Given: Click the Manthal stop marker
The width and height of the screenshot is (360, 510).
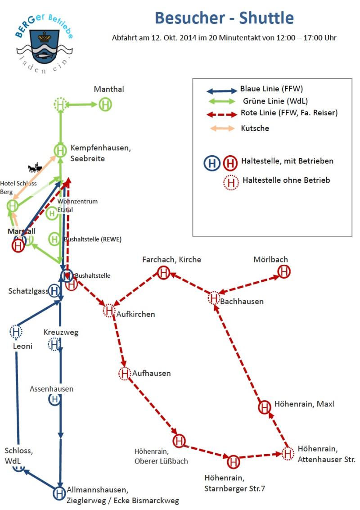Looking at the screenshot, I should pos(105,104).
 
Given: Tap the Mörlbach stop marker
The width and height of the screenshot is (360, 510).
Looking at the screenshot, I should pos(284,272).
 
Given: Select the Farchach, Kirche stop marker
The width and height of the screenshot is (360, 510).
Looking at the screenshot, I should pos(163,272).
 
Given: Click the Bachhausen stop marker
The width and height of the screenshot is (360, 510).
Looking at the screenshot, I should pos(214,298).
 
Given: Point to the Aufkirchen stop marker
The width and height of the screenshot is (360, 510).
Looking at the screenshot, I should pos(109,310).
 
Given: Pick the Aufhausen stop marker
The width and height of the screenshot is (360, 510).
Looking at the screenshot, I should pos(125,373).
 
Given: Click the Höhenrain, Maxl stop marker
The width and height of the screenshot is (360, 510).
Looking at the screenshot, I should pos(265,407).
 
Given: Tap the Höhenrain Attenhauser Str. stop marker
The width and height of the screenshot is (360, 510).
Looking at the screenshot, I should pos(288,453).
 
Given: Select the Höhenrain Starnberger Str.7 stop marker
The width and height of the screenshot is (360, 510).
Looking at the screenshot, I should pos(233,461).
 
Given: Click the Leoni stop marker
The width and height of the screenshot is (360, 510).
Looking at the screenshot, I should pos(16,332).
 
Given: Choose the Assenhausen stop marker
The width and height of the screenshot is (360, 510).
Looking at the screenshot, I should pos(54,399).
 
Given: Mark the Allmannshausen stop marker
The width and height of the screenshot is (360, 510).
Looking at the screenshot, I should pos(59,493).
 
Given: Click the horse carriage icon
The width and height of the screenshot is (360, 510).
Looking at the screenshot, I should pos(34,169).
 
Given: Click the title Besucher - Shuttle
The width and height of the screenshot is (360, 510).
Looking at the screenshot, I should pos(224,18).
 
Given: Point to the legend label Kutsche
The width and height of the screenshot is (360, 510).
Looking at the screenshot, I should pos(255,128).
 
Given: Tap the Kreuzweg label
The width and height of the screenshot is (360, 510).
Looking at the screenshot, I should pos(61,332).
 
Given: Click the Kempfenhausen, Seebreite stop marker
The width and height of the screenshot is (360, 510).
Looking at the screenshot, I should pos(60,150).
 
